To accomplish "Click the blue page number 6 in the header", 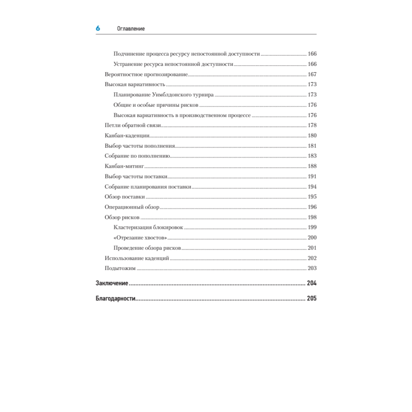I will coord(98,28).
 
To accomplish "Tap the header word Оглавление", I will coord(131,29).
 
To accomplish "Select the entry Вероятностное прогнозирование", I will coord(146,75).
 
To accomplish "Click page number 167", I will coord(312,75).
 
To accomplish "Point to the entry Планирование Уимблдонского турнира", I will coord(164,95).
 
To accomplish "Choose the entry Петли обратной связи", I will coord(133,126).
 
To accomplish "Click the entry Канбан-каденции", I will coord(126,136).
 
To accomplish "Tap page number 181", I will coord(312,146).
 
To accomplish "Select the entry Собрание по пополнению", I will coord(137,156).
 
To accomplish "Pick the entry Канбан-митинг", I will coord(124,166).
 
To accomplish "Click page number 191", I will coord(312,176).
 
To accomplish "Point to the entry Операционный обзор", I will coord(132,207).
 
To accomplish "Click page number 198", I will coord(312,218).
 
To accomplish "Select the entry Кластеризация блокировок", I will coord(148,227).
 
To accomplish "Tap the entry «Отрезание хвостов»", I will coord(140,238).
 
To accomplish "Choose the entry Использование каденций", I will coord(137,258).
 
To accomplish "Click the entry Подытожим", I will coord(120,269).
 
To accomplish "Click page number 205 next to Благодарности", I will coord(311,299).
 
